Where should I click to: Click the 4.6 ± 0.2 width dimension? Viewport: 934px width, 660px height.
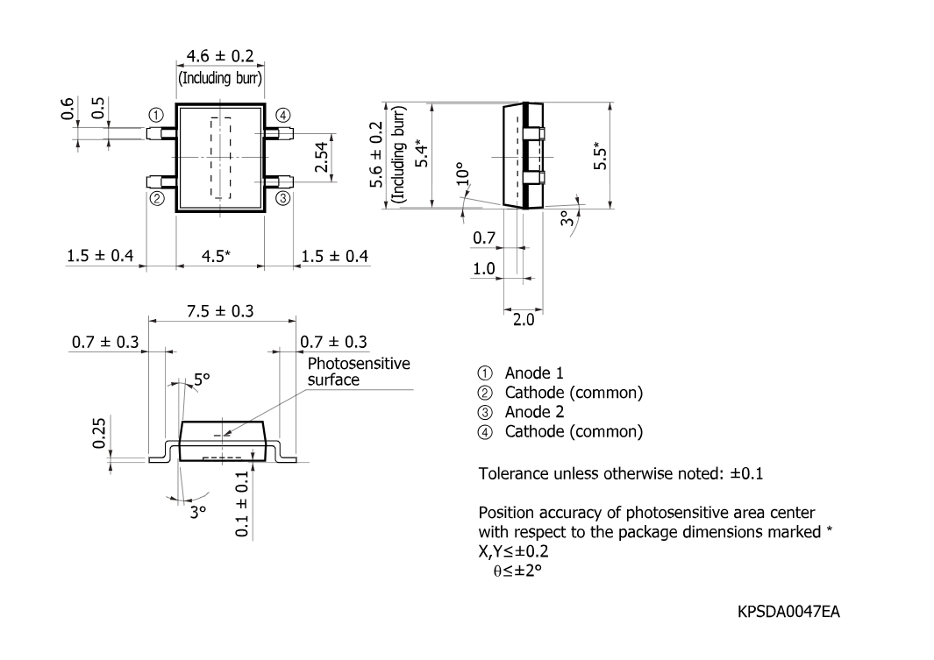click(220, 56)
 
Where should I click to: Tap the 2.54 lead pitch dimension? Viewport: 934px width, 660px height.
click(322, 157)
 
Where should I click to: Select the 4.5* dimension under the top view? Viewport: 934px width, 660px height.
click(216, 257)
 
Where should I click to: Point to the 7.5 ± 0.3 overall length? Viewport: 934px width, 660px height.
click(220, 311)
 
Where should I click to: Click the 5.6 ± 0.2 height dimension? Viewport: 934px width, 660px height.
click(376, 155)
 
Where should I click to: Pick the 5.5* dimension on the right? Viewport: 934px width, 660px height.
click(601, 155)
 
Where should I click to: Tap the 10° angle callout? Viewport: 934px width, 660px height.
click(463, 174)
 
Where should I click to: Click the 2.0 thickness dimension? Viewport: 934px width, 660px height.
click(524, 320)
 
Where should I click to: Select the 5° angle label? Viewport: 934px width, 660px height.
click(202, 380)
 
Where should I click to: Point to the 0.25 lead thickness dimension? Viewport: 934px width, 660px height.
click(99, 433)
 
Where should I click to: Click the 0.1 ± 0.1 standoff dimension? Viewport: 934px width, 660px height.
click(242, 503)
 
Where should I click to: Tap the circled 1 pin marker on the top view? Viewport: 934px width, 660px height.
click(156, 115)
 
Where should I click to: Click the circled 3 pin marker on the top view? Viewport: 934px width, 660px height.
click(283, 198)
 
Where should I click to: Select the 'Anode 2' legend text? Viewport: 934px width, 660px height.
click(534, 412)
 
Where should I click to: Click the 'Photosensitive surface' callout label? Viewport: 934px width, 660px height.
click(359, 372)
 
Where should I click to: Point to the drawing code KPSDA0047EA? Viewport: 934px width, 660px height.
click(788, 612)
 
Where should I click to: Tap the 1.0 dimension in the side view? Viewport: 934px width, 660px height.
click(484, 269)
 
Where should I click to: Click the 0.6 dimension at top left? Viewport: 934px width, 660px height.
click(68, 109)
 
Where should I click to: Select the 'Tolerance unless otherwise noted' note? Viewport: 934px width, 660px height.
click(621, 473)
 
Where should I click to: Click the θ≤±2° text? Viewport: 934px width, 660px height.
click(517, 571)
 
